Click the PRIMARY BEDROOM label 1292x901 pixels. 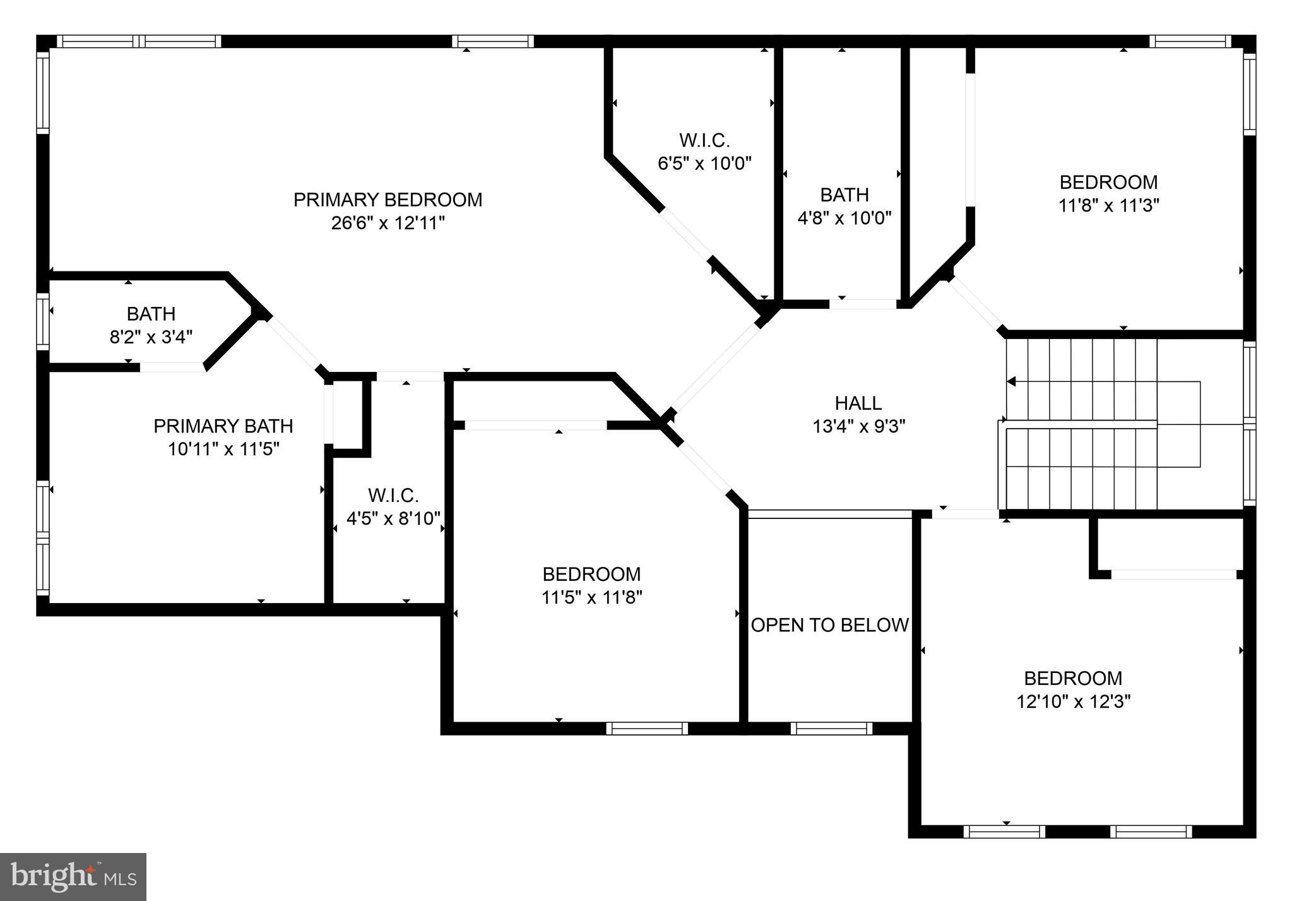pyautogui.click(x=388, y=200)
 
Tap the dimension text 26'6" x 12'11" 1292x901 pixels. pyautogui.click(x=388, y=223)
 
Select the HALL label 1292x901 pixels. pyautogui.click(x=858, y=403)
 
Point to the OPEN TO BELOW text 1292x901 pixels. pyautogui.click(x=829, y=625)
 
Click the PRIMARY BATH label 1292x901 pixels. pyautogui.click(x=223, y=426)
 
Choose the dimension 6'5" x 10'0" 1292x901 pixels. pyautogui.click(x=704, y=164)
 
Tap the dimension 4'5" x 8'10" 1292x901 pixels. pyautogui.click(x=393, y=518)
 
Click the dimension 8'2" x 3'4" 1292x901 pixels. pyautogui.click(x=151, y=337)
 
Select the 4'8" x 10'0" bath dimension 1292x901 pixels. pyautogui.click(x=844, y=218)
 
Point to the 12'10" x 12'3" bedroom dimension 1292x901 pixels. pyautogui.click(x=1073, y=701)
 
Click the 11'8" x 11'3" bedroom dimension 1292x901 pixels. pyautogui.click(x=1108, y=206)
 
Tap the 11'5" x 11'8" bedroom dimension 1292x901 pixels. pyautogui.click(x=591, y=597)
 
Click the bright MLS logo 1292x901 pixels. pyautogui.click(x=73, y=877)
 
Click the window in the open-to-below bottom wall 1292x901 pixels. pyautogui.click(x=831, y=729)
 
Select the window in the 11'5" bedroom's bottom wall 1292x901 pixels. pyautogui.click(x=647, y=729)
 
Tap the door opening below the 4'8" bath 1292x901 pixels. pyautogui.click(x=863, y=304)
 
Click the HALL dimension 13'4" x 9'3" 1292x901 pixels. pyautogui.click(x=858, y=426)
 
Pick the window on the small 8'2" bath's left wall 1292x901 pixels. pyautogui.click(x=43, y=321)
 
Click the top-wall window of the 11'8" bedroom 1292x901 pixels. pyautogui.click(x=1190, y=42)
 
